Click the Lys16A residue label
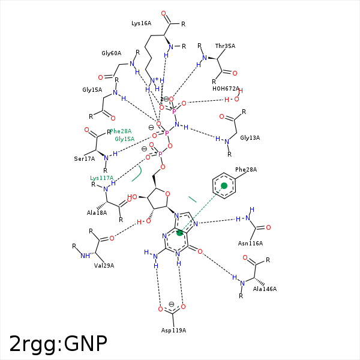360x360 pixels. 141,23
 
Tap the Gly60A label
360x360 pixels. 112,53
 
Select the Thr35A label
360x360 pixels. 225,46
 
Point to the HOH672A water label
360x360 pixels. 226,88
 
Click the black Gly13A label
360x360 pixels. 250,138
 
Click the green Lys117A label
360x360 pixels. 102,178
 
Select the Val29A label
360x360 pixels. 104,265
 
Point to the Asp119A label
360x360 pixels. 173,331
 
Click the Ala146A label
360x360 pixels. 265,289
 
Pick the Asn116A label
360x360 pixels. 251,243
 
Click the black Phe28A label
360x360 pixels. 246,170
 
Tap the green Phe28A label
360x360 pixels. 120,131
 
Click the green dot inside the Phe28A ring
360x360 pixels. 224,186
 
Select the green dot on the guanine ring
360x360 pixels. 180,233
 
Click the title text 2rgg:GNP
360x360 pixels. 58,343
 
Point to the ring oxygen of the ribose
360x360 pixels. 168,193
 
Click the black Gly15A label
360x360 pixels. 92,89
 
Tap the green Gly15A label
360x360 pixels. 125,139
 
